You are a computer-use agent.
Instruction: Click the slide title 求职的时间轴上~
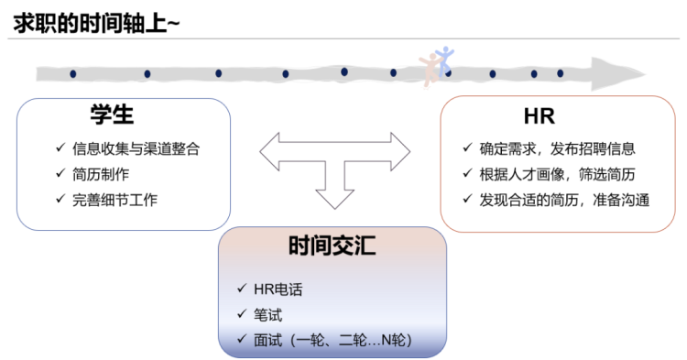coord(95,24)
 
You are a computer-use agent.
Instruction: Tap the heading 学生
coord(112,115)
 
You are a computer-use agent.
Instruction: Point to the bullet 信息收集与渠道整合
coord(136,149)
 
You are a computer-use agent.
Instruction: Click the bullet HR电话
coord(278,289)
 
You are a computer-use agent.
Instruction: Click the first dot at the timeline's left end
coord(72,73)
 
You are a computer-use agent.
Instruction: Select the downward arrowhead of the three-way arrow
coord(334,197)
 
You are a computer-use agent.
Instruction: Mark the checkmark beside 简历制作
coord(60,174)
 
